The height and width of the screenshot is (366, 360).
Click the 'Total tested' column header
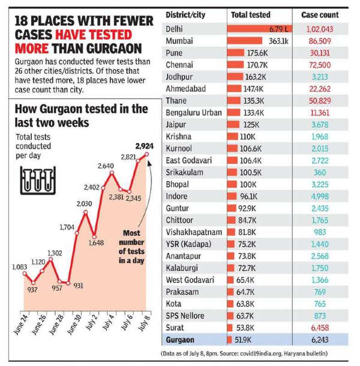pos(251,14)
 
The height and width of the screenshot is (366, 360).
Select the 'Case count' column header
pos(322,14)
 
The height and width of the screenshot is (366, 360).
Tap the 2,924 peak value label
pos(144,146)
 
